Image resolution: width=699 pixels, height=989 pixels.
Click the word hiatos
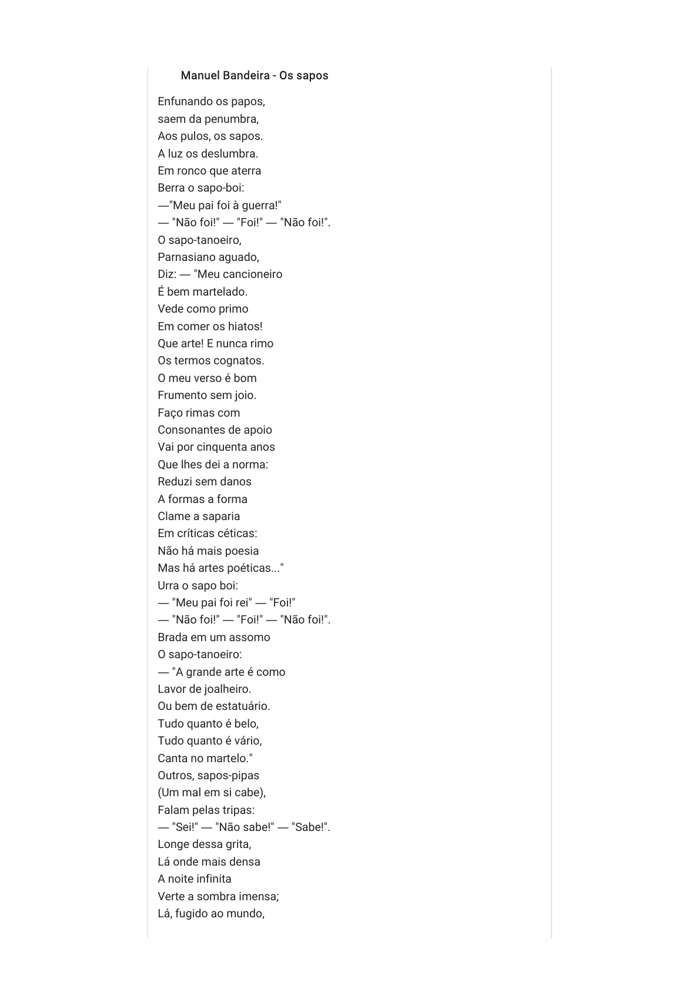click(x=245, y=326)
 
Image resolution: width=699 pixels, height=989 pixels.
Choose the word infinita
click(x=213, y=879)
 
